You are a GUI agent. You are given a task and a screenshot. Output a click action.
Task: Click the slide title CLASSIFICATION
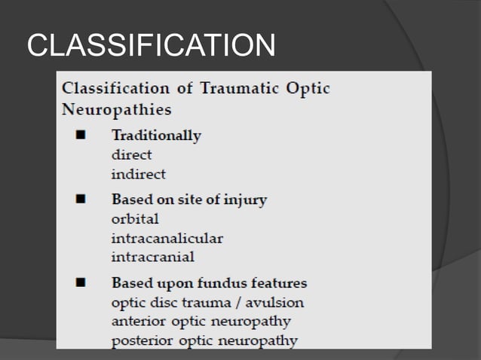(151, 47)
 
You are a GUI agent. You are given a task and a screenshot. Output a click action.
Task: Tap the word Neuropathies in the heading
(116, 109)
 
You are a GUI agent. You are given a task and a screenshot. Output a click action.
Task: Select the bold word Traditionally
(156, 136)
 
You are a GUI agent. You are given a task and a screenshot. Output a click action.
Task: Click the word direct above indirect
(131, 155)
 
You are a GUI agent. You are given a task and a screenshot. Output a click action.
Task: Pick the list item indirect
(138, 174)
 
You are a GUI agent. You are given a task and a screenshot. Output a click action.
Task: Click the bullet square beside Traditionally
(79, 136)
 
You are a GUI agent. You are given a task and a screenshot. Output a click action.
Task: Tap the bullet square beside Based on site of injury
(79, 200)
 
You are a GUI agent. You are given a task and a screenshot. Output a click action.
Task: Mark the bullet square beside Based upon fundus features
(79, 284)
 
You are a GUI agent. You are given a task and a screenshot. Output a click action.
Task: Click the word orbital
(135, 219)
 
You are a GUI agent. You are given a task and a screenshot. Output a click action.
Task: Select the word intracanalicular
(167, 238)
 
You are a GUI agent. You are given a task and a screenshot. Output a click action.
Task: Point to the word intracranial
(152, 257)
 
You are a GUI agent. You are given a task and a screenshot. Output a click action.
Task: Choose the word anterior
(136, 322)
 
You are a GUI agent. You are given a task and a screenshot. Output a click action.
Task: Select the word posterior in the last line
(139, 340)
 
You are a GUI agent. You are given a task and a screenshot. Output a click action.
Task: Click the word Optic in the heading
(308, 88)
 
